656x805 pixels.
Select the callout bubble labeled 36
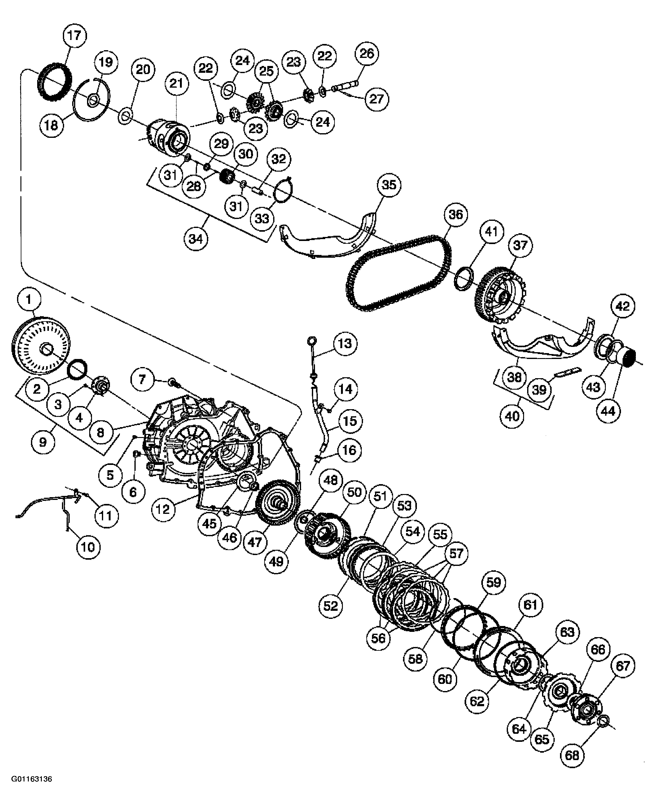coord(455,214)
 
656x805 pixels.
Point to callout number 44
coord(608,410)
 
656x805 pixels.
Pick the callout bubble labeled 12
coord(163,509)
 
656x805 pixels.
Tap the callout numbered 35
coord(389,185)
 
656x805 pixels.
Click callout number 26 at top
coord(366,53)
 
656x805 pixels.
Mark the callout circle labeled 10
coord(88,547)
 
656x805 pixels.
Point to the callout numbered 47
coord(255,542)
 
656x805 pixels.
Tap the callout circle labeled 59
coord(493,582)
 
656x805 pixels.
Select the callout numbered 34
coord(196,238)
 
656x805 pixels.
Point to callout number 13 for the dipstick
coord(345,343)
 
